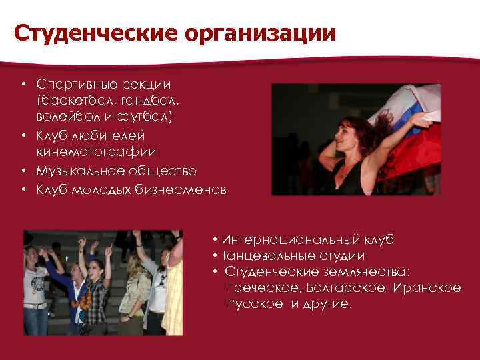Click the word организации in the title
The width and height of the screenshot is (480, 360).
265,33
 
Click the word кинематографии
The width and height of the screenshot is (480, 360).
97,153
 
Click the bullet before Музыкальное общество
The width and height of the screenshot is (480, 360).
23,172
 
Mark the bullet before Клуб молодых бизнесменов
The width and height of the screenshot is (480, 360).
23,190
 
